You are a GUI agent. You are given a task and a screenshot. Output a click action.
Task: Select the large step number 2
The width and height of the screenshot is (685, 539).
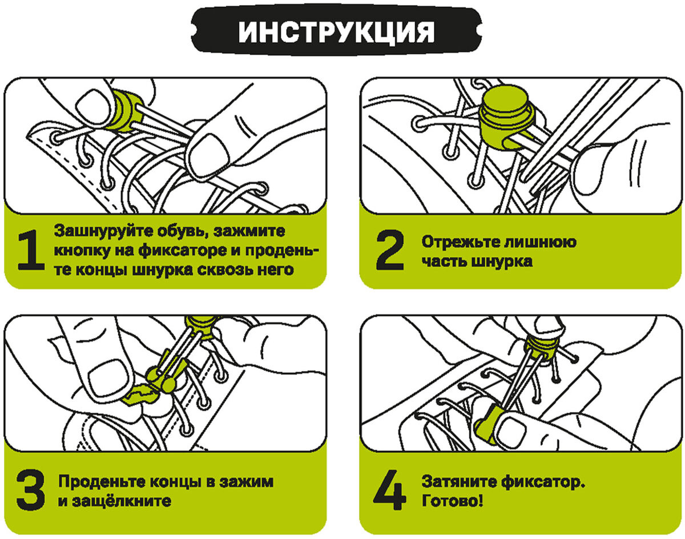coord(390,251)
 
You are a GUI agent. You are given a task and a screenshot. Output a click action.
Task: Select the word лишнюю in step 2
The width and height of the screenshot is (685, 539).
coord(542,242)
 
